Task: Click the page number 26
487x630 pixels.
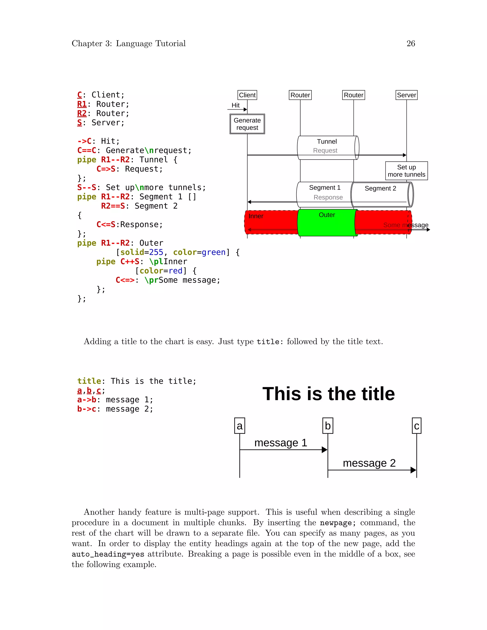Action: pyautogui.click(x=410, y=44)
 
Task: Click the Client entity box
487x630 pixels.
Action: pyautogui.click(x=247, y=95)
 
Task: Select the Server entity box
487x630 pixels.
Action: pyautogui.click(x=406, y=95)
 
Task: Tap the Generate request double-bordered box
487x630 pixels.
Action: pyautogui.click(x=247, y=124)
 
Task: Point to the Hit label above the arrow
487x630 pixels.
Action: pyautogui.click(x=235, y=105)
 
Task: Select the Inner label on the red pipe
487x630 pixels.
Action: pyautogui.click(x=256, y=216)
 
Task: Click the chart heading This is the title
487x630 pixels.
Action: pyautogui.click(x=328, y=394)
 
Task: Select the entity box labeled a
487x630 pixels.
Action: pyautogui.click(x=239, y=426)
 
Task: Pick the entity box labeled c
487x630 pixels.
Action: pyautogui.click(x=416, y=426)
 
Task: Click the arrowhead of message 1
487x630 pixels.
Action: pyautogui.click(x=325, y=449)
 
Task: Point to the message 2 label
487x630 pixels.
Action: pyautogui.click(x=369, y=463)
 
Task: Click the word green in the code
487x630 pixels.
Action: pyautogui.click(x=214, y=252)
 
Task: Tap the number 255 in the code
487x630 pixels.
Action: pyautogui.click(x=156, y=252)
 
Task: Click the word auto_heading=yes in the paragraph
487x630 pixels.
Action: pyautogui.click(x=108, y=554)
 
